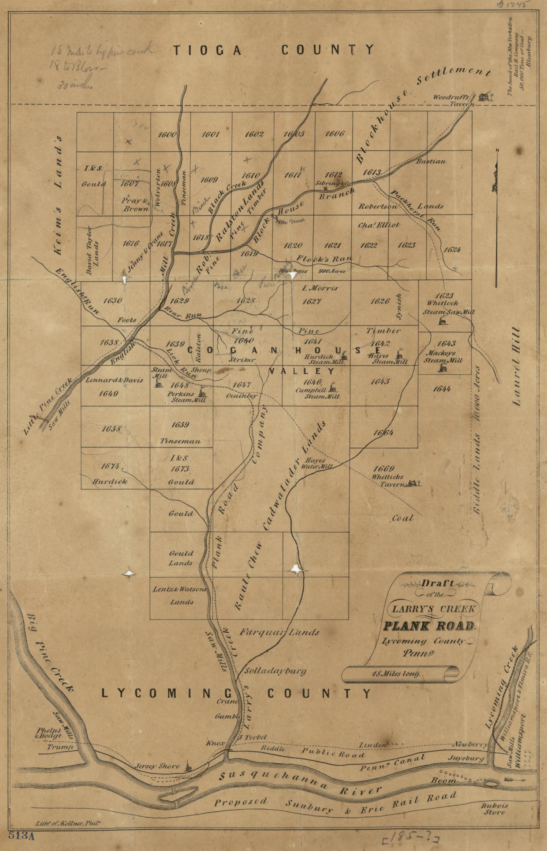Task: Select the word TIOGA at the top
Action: pyautogui.click(x=207, y=50)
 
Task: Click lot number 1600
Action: pyautogui.click(x=167, y=135)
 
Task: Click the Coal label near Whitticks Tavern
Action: pyautogui.click(x=403, y=518)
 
